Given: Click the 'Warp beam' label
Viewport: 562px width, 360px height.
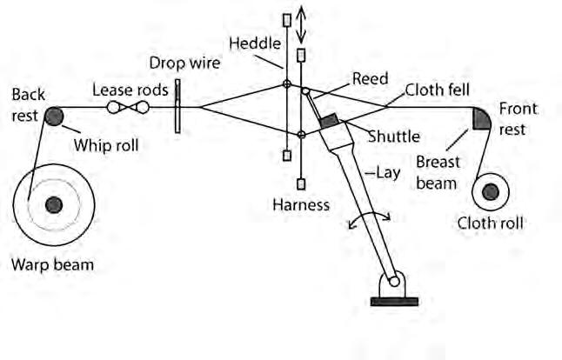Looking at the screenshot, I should pyautogui.click(x=53, y=263).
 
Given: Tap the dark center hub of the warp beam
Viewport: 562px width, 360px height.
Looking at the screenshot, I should pyautogui.click(x=54, y=204).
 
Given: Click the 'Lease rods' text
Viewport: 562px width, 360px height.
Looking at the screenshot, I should pyautogui.click(x=130, y=90).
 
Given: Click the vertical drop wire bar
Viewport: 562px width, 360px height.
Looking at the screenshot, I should pyautogui.click(x=177, y=107).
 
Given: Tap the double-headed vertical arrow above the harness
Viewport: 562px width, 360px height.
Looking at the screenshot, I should pyautogui.click(x=301, y=24).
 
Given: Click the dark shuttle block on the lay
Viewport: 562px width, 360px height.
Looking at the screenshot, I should pyautogui.click(x=330, y=122).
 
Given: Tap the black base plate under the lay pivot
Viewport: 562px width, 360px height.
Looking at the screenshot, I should pyautogui.click(x=394, y=301).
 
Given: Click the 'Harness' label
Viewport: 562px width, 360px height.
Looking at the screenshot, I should pyautogui.click(x=301, y=205).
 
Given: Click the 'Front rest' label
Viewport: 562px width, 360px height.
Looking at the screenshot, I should pyautogui.click(x=518, y=118).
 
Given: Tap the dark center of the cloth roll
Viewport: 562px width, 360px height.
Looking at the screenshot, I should pyautogui.click(x=490, y=190).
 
